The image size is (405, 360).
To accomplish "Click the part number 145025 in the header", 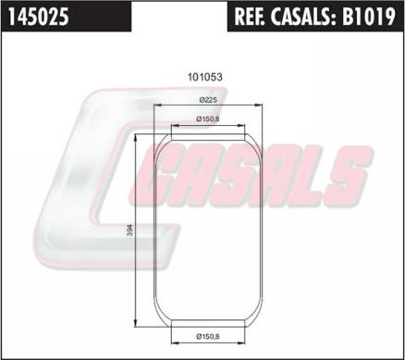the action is pyautogui.click(x=38, y=17).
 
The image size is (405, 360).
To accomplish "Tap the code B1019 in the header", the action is pyautogui.click(x=368, y=17).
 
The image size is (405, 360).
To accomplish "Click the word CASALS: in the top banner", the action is pyautogui.click(x=303, y=17).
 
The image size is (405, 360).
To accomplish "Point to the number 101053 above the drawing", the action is pyautogui.click(x=205, y=77).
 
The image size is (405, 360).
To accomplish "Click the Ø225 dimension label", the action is pyautogui.click(x=208, y=100).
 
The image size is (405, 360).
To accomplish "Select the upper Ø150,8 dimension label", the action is pyautogui.click(x=208, y=119).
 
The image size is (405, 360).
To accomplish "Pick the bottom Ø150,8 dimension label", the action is pyautogui.click(x=208, y=336).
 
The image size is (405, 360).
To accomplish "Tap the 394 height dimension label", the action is pyautogui.click(x=130, y=230).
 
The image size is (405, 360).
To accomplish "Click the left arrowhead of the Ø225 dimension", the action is pyautogui.click(x=157, y=106).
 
